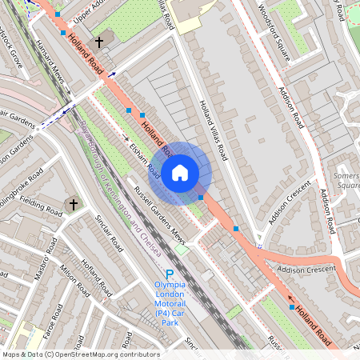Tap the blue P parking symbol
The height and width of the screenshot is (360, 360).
click(170, 274)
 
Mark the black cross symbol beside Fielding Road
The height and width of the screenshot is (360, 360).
click(73, 205)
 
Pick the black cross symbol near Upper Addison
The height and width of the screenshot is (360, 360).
click(99, 42)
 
